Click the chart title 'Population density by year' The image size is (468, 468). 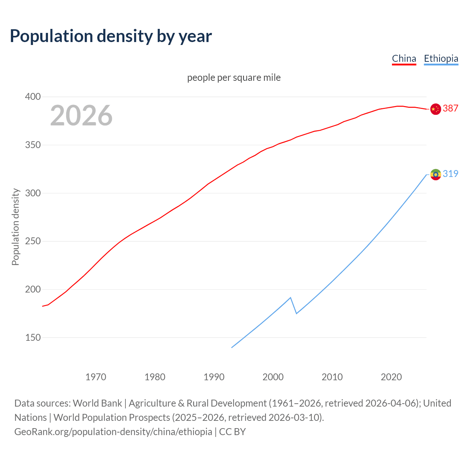click(111, 36)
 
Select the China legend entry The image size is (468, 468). click(404, 58)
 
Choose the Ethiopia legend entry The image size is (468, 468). click(441, 58)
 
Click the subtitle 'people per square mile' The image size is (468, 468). click(234, 78)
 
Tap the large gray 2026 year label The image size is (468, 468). click(81, 116)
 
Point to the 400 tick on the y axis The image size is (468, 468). click(33, 97)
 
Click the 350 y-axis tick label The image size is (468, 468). click(33, 145)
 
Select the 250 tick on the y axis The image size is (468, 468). click(33, 241)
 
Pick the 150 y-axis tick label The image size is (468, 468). click(33, 337)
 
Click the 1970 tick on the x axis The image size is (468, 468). click(96, 377)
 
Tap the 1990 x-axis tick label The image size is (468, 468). click(214, 377)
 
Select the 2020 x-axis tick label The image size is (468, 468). click(391, 377)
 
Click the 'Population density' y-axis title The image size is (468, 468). click(15, 227)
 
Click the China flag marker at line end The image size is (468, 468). click(435, 109)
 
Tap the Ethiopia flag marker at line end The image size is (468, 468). click(435, 174)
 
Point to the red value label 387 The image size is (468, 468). click(450, 108)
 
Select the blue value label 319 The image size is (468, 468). click(450, 174)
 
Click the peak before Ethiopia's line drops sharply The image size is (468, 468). click(290, 298)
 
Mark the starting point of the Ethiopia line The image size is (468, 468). click(232, 347)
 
